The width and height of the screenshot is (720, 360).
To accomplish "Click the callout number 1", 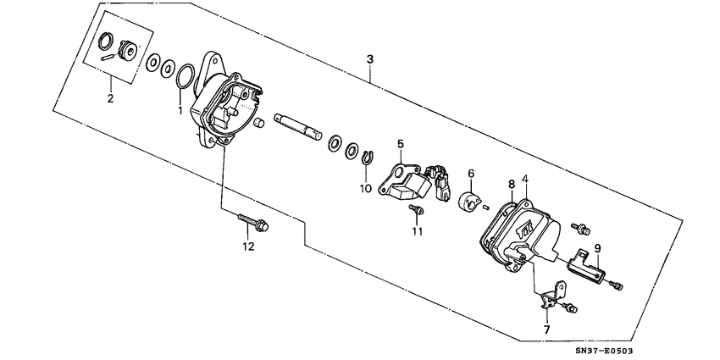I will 180,110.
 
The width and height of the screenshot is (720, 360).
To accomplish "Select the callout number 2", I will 110,99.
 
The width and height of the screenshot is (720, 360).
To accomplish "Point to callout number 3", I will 369,58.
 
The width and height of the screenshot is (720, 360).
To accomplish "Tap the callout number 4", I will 525,180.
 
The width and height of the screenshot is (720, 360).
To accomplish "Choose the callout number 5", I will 400,144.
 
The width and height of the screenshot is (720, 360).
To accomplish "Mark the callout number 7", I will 546,329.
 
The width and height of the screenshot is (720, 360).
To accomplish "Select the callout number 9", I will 596,247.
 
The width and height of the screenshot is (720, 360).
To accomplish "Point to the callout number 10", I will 365,188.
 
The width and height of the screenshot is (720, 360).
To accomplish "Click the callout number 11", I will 417,230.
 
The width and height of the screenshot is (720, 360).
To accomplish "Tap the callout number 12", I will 247,246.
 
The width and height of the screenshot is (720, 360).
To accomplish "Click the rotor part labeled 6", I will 466,204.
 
